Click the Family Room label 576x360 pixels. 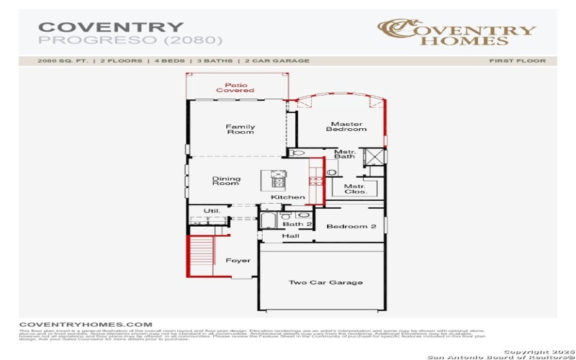coord(240,130)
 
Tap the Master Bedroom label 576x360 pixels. coord(346,127)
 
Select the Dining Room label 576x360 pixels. coord(225,181)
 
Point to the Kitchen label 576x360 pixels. coord(288,197)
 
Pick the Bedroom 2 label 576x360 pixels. coord(351,227)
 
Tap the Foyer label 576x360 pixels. coord(238,261)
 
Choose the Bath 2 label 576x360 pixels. coord(297,225)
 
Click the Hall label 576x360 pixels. coord(291,236)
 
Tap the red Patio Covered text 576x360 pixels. coord(235,87)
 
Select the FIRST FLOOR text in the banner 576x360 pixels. coord(517,61)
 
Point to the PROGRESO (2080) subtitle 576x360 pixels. coord(130,40)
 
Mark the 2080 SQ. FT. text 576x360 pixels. coord(63,61)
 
